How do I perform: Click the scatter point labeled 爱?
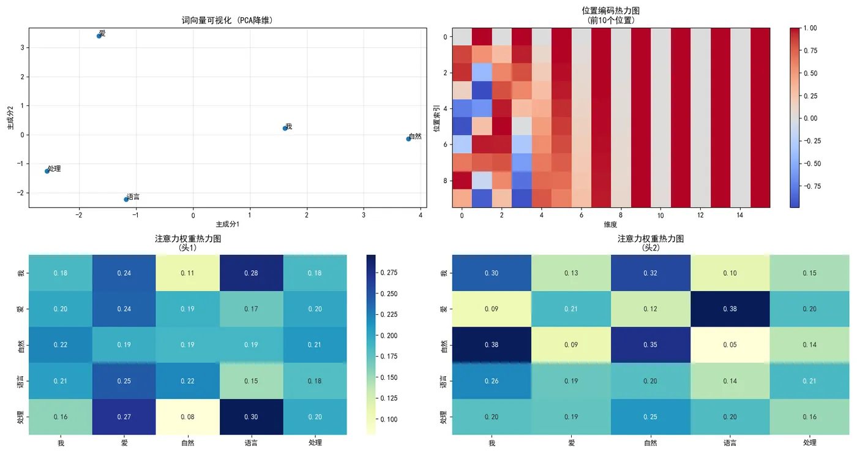coord(99,36)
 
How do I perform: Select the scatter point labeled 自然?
coord(408,139)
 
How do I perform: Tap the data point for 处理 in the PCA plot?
coord(47,171)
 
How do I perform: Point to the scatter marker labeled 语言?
coord(126,199)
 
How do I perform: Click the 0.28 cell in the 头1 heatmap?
coord(251,273)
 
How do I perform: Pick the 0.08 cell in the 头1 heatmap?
coord(187,417)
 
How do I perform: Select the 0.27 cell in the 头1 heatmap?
coord(124,417)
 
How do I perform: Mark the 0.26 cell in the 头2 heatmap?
coord(492,381)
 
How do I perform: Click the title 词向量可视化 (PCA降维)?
coord(227,20)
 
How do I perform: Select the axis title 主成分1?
coord(227,224)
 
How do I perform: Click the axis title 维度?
coord(610,224)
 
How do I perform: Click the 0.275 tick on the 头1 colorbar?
coord(389,273)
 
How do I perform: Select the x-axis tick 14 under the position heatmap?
coord(740,216)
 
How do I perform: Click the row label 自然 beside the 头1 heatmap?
coord(21,345)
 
